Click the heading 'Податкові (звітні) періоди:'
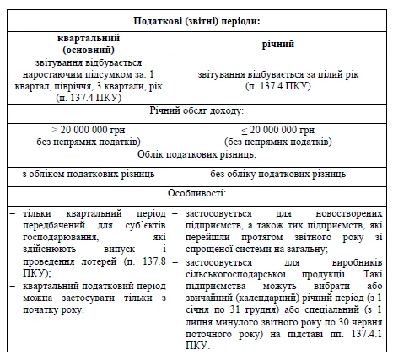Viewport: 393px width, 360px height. (196, 19)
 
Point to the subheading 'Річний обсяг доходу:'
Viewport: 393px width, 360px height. (196, 111)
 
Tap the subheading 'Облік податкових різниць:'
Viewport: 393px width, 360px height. (196, 156)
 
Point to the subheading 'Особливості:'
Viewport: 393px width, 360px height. (196, 194)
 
